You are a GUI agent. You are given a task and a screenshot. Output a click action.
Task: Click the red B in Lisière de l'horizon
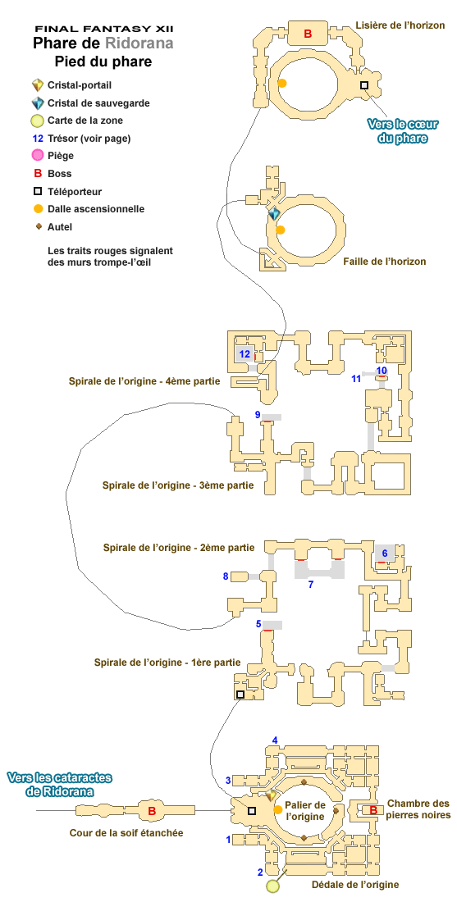(308, 34)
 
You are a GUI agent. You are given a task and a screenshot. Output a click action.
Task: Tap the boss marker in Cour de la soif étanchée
(152, 811)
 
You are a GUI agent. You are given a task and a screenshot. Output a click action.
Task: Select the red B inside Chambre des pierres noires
(372, 810)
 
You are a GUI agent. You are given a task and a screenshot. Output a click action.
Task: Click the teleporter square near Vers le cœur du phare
(363, 85)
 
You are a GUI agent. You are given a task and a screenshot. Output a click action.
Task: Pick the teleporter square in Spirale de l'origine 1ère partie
(240, 695)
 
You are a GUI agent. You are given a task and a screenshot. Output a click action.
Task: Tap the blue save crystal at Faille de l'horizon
(275, 214)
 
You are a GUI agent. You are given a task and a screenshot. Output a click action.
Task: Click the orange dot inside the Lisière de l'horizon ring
(282, 84)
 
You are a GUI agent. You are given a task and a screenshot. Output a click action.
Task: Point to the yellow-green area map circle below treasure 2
(273, 886)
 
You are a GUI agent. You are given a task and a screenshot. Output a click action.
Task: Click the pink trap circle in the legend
(38, 155)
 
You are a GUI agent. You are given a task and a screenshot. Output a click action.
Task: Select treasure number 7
(311, 585)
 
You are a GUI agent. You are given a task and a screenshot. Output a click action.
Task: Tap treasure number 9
(258, 415)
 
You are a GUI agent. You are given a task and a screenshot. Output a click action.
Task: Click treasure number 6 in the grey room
(385, 553)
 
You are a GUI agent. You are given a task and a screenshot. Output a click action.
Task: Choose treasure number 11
(356, 378)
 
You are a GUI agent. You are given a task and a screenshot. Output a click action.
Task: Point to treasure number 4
(275, 740)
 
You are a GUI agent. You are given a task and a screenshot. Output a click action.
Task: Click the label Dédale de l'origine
(355, 885)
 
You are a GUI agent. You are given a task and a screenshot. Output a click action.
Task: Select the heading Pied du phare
(103, 61)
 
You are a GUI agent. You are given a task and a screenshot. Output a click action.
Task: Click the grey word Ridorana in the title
(139, 43)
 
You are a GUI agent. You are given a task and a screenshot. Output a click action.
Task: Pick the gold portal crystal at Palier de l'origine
(272, 795)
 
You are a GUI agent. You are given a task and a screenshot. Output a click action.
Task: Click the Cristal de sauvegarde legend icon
(38, 103)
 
